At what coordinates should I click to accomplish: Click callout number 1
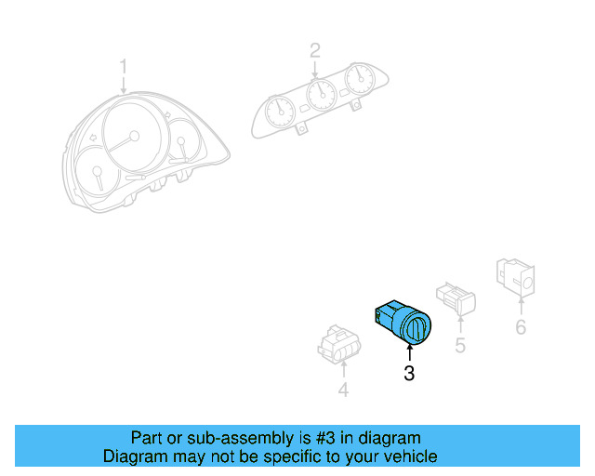point(124,66)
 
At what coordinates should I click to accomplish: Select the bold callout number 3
point(409,374)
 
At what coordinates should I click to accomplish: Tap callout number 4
point(342,390)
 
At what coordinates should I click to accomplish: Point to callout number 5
point(459,346)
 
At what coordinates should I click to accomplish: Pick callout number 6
point(521,326)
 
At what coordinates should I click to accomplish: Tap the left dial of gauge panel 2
point(278,112)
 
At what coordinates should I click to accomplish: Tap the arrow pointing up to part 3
point(409,352)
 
